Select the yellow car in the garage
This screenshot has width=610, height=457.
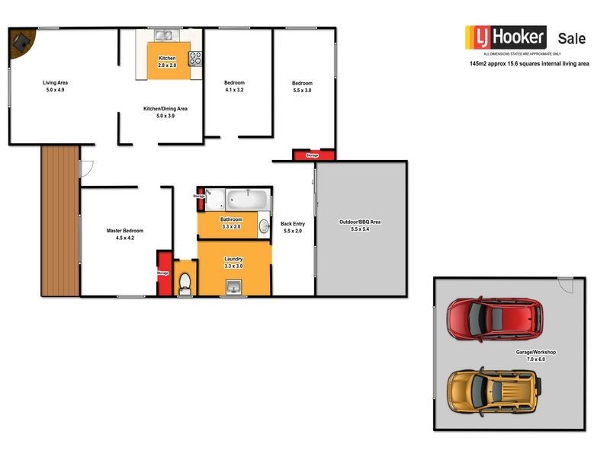tap(493, 389)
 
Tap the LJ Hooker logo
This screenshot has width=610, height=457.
tap(506, 37)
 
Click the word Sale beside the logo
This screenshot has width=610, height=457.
tap(572, 38)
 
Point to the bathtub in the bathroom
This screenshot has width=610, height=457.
tap(248, 202)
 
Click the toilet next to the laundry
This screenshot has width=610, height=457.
tap(184, 283)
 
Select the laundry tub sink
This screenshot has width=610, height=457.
tap(234, 287)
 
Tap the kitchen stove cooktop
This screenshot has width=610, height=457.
tap(194, 58)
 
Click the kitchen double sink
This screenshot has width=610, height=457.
tap(163, 35)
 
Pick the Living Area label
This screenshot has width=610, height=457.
tap(56, 82)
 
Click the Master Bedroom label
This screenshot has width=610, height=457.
tap(125, 231)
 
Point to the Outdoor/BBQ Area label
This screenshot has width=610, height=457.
tap(360, 222)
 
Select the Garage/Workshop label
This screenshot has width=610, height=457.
tap(535, 352)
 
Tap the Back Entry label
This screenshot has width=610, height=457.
tap(293, 223)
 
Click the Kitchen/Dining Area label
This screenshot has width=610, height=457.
tap(165, 109)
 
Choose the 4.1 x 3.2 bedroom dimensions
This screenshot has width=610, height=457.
tap(233, 90)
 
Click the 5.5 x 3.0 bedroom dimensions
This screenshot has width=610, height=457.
tap(302, 90)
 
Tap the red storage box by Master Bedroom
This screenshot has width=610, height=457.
tap(162, 273)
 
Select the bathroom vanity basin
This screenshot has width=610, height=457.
tap(264, 226)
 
